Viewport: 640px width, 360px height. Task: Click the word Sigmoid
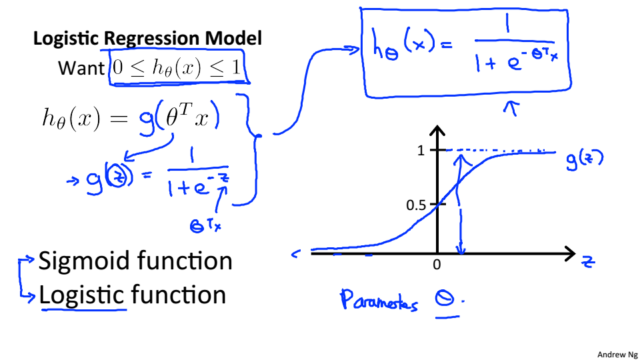(x=83, y=261)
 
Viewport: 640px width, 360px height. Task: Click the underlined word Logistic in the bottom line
(x=82, y=295)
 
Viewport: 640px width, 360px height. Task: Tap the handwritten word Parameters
(x=379, y=301)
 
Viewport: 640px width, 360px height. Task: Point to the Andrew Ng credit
(x=617, y=354)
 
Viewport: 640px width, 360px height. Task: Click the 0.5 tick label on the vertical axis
(x=416, y=204)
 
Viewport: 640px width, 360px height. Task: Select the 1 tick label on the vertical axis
(x=421, y=151)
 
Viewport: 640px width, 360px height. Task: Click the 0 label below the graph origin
(x=437, y=265)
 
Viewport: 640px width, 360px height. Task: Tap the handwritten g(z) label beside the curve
(x=585, y=160)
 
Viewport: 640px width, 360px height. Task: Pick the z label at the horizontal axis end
(x=587, y=262)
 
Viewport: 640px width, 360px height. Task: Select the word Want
(x=81, y=68)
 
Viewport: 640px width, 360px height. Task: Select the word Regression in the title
(x=153, y=39)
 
